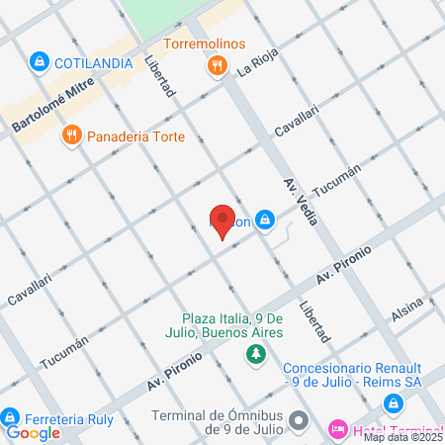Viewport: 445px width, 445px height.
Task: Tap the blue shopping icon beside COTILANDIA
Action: [x=40, y=61]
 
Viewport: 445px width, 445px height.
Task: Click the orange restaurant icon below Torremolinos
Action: [x=217, y=66]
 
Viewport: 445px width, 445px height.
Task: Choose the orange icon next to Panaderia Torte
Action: [x=71, y=135]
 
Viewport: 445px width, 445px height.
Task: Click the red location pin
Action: [x=222, y=220]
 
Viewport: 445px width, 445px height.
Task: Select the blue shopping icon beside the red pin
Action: [x=265, y=220]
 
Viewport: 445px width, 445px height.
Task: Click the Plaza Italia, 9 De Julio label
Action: [x=232, y=325]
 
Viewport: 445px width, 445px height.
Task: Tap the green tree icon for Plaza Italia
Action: [x=256, y=353]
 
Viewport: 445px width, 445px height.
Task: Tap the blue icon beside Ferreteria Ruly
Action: [x=11, y=415]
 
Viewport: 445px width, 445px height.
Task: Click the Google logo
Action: [x=33, y=432]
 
